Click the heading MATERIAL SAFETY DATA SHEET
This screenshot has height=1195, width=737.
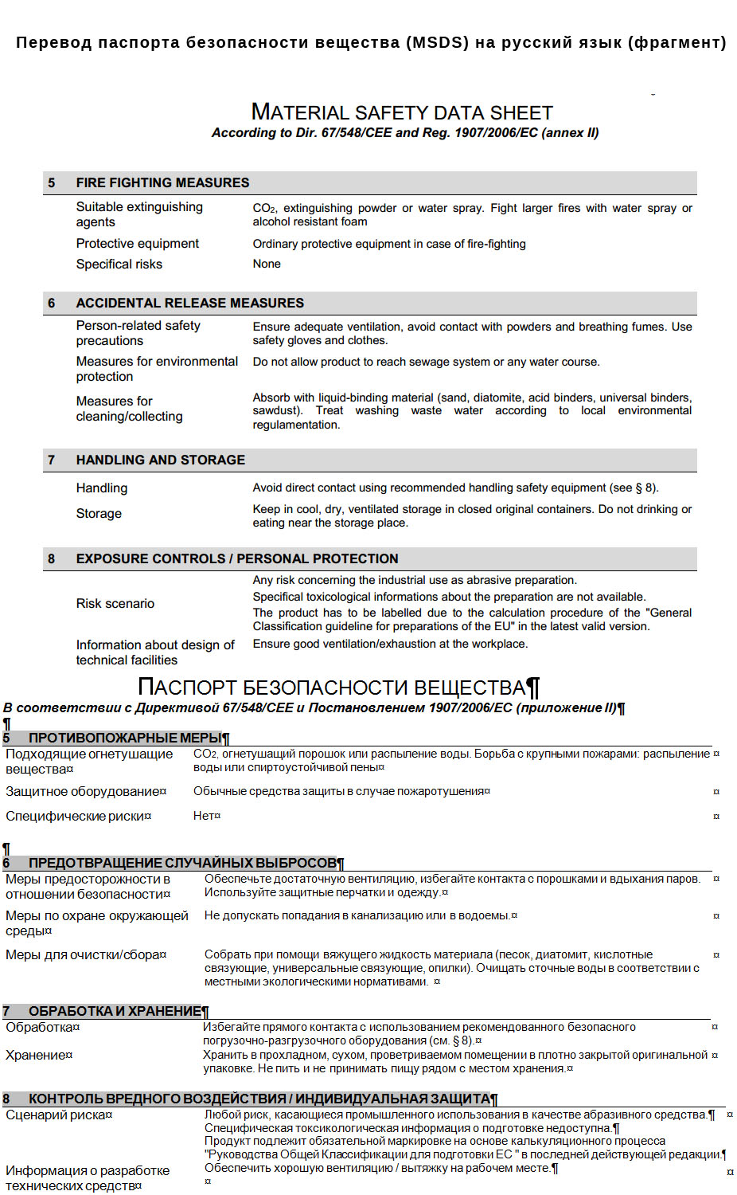pos(402,113)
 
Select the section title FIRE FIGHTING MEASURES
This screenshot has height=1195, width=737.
pos(162,182)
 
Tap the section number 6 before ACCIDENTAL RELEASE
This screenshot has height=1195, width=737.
pos(52,303)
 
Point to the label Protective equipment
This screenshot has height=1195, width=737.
pos(137,244)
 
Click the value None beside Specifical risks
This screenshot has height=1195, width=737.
pos(267,264)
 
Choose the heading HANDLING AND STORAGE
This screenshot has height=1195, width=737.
pos(160,460)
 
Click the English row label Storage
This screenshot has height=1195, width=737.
pos(99,514)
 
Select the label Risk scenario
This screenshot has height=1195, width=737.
pos(115,603)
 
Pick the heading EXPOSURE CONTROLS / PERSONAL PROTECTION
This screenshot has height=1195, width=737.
pos(237,558)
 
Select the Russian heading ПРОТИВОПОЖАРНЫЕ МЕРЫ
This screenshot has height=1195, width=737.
pos(125,738)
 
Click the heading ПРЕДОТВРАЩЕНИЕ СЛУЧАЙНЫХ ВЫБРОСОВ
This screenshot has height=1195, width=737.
pos(182,863)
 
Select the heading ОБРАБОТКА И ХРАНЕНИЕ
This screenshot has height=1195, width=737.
pos(115,1011)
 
